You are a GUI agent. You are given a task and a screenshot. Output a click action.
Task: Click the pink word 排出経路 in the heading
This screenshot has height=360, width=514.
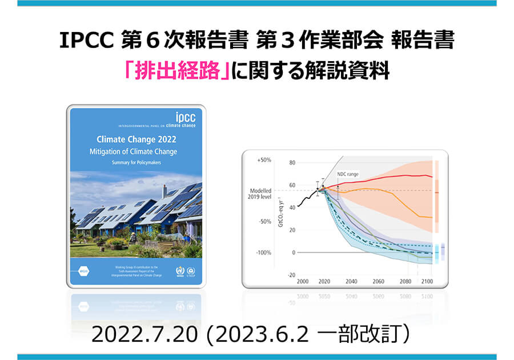coord(176,72)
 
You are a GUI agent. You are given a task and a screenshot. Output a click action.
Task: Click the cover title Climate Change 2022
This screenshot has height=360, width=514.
coord(136,139)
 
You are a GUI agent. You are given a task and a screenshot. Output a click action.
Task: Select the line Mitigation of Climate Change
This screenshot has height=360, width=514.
coord(136,151)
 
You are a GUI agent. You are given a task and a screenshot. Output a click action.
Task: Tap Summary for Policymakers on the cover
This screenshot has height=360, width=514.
coord(136,163)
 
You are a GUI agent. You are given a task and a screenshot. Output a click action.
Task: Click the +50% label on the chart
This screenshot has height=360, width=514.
coord(264,161)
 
